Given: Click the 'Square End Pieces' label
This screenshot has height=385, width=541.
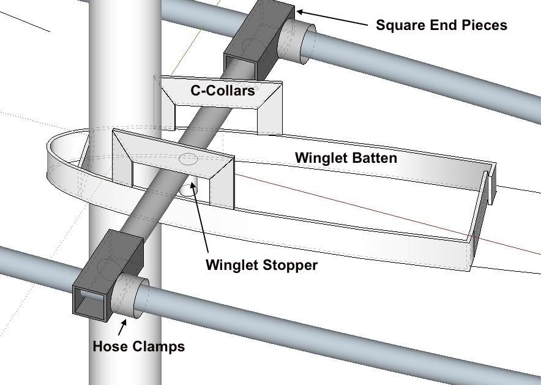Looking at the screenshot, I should pos(441,25).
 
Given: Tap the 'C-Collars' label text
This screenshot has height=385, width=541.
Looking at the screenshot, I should pos(223,91).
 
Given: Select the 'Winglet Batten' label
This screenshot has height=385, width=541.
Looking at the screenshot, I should pos(346,158).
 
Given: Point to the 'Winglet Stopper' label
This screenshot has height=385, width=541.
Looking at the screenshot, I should pos(261,265).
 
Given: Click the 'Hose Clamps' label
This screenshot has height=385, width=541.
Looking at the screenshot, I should pos(138,346).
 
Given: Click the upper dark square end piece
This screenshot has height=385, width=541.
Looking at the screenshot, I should pos(260,37).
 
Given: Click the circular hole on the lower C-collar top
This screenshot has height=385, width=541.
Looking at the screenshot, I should pos(188,160).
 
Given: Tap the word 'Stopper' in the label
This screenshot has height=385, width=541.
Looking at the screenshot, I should pos(291,265).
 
